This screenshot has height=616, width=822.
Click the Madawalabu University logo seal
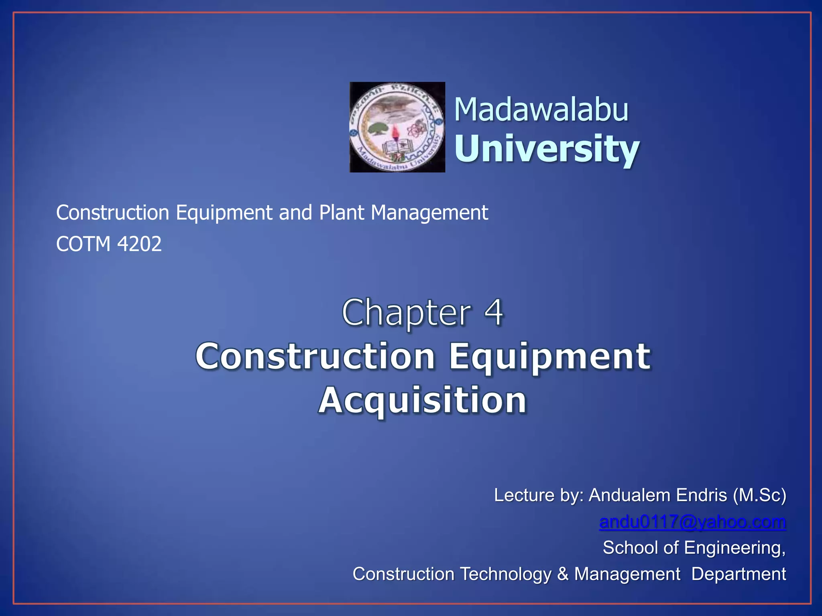click(397, 127)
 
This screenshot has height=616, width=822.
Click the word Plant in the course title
click(341, 213)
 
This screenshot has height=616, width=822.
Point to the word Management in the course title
click(429, 213)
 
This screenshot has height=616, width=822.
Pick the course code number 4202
click(140, 244)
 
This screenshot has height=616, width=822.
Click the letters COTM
click(83, 244)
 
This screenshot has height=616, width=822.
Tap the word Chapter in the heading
click(406, 313)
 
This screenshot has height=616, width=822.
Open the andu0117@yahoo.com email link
click(692, 522)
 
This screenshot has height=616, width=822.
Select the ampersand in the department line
click(563, 574)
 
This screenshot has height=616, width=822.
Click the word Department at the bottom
click(739, 574)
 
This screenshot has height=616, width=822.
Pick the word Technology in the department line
click(505, 574)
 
